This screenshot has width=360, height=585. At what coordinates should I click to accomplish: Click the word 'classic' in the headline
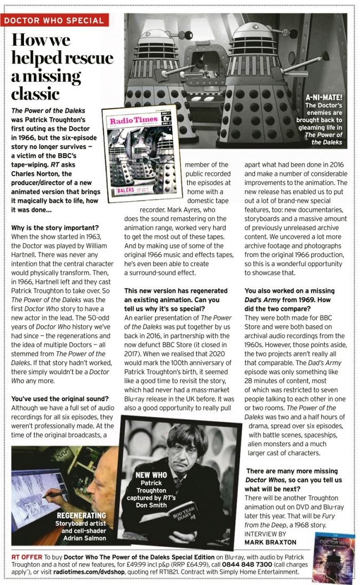pyautogui.click(x=36, y=94)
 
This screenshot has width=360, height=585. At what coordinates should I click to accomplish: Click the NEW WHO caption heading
pyautogui.click(x=151, y=475)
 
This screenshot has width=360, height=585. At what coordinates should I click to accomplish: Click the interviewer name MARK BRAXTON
pyautogui.click(x=270, y=542)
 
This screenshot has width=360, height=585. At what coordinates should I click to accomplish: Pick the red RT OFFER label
pyautogui.click(x=27, y=557)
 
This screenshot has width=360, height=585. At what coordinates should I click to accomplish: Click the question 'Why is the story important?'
pyautogui.click(x=54, y=227)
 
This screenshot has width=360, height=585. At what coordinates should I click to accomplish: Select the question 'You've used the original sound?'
pyautogui.click(x=60, y=398)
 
